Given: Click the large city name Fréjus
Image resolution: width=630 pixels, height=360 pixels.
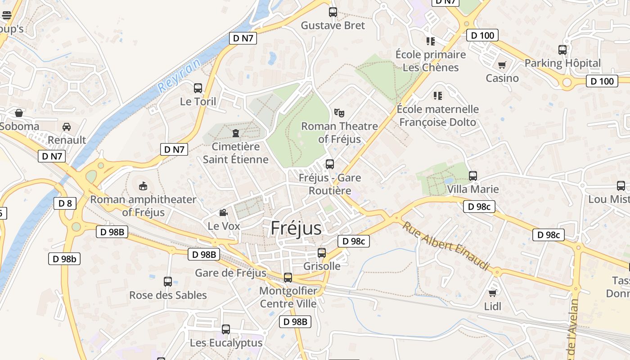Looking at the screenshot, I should point(296,228).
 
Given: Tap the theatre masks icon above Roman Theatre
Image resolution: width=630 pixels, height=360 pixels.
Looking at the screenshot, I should point(339,112).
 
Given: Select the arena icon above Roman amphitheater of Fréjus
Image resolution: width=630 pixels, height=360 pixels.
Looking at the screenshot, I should point(143,185).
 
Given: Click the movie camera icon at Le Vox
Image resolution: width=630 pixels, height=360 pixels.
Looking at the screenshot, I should point(223,213).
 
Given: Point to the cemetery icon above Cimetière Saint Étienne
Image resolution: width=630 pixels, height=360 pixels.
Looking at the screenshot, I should point(235,133).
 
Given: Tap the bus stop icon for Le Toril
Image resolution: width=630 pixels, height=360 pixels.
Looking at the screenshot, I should point(198,88).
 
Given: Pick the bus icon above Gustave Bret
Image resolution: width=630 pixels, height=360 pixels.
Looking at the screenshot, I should point(333,12).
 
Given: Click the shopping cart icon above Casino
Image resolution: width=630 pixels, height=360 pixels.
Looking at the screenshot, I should point(502,65).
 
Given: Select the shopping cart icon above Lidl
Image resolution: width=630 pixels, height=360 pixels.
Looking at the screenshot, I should point(493,293).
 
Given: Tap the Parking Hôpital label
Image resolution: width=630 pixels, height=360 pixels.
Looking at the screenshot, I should point(562,63).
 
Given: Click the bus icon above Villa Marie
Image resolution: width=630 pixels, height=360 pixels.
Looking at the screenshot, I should point(472,176).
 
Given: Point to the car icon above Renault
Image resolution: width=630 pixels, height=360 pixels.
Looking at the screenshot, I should point(67,127).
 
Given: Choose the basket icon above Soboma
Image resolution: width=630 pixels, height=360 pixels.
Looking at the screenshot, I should point(19,113).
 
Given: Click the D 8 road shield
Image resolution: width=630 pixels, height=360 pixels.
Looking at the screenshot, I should point(65,203).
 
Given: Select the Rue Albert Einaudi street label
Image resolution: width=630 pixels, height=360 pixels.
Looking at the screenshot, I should point(445,246).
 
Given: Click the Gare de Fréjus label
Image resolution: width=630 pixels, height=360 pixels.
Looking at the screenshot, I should point(230,273).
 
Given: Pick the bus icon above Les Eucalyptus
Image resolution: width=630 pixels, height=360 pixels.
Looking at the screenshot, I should point(226,329).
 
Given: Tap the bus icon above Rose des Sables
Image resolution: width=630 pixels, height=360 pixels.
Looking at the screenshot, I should point(168,282).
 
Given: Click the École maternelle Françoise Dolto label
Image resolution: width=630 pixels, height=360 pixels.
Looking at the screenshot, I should point(437,116).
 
